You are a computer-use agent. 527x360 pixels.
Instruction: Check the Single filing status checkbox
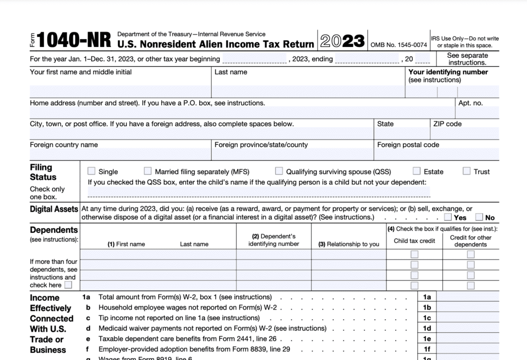tap(92, 171)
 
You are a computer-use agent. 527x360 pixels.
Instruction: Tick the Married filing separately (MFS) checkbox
tap(148, 171)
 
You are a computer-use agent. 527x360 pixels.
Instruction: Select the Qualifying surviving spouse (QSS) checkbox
tap(279, 171)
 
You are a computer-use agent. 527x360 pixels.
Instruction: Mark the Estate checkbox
tap(416, 171)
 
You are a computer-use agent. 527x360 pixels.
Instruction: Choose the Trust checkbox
tap(467, 171)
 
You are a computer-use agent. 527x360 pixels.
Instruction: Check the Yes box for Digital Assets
tap(448, 217)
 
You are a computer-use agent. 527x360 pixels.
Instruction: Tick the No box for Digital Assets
tap(479, 217)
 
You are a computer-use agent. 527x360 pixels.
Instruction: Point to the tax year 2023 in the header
tap(342, 40)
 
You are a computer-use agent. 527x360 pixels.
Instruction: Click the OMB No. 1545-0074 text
tap(399, 45)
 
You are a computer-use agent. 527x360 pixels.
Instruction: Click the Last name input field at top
tap(309, 92)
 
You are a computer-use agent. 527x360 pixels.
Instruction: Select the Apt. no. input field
tap(477, 112)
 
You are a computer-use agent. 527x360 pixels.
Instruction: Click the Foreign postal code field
tap(437, 154)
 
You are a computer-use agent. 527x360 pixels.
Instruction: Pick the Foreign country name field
tap(120, 154)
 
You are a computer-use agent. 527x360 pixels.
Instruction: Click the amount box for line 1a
tap(467, 297)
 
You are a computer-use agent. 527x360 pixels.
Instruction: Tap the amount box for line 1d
tap(467, 328)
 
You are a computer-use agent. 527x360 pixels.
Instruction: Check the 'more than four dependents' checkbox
tap(68, 285)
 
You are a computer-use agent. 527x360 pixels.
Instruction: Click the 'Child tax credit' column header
tap(414, 241)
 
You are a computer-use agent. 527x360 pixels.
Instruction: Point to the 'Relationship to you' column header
tap(349, 244)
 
